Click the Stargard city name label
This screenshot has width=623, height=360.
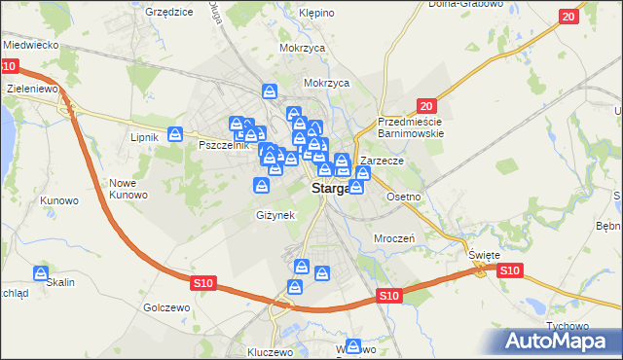pos(329,189)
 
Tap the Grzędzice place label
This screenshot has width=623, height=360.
pos(167,12)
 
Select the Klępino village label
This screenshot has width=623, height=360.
pos(317,13)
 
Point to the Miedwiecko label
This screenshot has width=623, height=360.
pos(32,45)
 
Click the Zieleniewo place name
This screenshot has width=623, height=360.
pos(33,88)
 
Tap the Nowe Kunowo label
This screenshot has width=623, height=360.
pos(128,189)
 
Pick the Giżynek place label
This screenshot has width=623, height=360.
pos(274,214)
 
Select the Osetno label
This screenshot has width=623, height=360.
pos(403,197)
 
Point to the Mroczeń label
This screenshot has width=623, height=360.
pos(395,237)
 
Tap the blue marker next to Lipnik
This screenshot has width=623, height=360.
pos(175,134)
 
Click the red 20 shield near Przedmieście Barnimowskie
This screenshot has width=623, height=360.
pos(424,105)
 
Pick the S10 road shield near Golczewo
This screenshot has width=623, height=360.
pos(202,282)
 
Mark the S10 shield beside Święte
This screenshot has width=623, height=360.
pos(509,270)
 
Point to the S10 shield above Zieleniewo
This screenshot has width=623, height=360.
pos(9,66)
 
